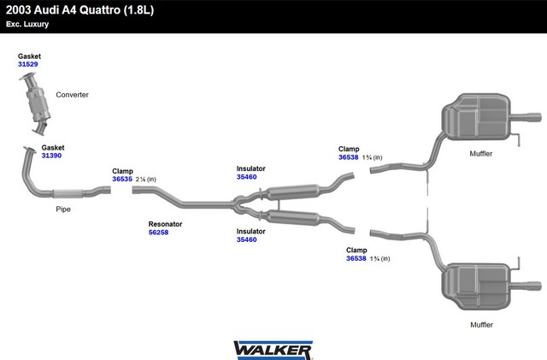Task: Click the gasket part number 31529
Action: click(28, 64)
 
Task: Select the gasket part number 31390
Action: click(51, 156)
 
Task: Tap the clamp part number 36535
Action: click(122, 179)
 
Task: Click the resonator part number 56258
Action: click(158, 233)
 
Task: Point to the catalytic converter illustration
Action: click(36, 103)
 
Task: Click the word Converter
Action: click(72, 95)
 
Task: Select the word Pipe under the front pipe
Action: click(63, 210)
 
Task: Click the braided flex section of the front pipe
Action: click(68, 194)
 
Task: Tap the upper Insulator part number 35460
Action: click(247, 177)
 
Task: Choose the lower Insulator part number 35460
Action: click(247, 239)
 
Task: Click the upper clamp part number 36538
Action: click(348, 157)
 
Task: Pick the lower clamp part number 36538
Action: click(356, 258)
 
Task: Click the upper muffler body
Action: click(476, 116)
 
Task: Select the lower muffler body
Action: click(476, 286)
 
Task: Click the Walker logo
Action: click(273, 350)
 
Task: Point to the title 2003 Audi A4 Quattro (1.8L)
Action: click(79, 10)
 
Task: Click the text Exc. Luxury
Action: click(27, 25)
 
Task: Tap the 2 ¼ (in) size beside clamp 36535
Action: click(146, 180)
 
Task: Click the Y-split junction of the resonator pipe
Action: click(238, 204)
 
